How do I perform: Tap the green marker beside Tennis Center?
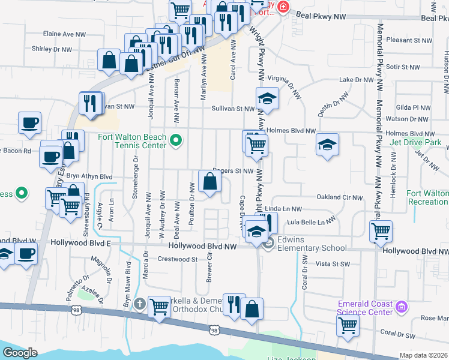click(175, 141)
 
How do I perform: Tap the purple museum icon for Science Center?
click(401, 307)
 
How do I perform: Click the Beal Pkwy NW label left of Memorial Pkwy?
click(325, 18)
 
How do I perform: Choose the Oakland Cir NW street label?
click(340, 197)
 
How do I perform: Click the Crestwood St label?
click(177, 259)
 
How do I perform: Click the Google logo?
click(20, 352)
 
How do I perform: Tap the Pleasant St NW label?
click(410, 40)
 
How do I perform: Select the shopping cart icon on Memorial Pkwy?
click(381, 230)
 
